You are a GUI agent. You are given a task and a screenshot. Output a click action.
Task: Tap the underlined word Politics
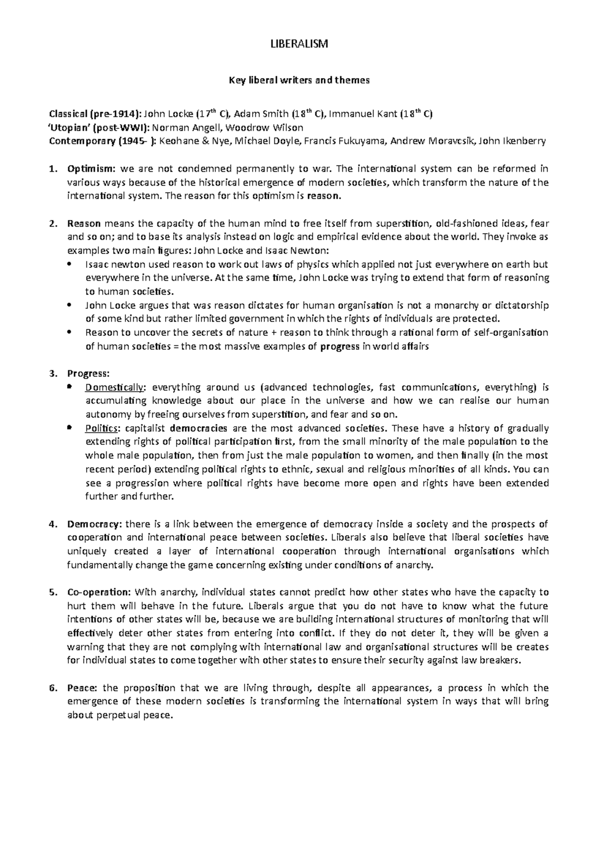click(103, 429)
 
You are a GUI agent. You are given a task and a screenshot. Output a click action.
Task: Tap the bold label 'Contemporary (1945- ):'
click(103, 141)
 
